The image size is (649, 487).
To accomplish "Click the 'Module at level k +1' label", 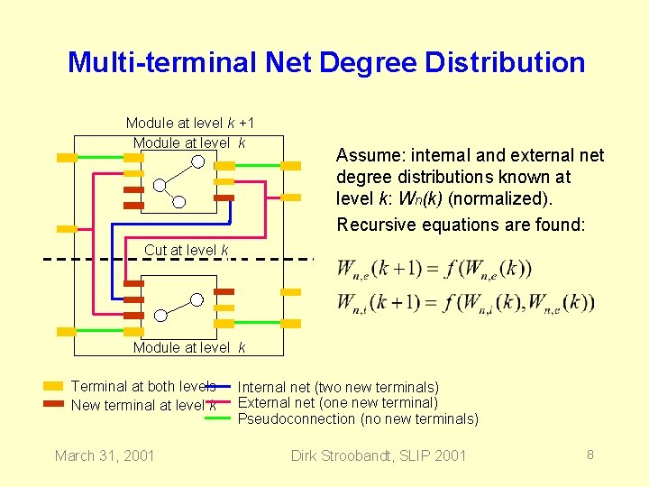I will (x=190, y=123).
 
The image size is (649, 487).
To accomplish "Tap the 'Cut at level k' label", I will (x=187, y=250).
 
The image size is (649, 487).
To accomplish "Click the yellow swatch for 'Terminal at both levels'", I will (x=53, y=386).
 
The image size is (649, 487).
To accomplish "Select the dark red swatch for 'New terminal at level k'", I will (x=53, y=404).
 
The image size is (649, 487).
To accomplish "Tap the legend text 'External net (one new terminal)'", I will (x=337, y=403).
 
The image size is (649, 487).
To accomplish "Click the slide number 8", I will (x=590, y=455).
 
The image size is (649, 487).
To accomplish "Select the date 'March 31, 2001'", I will (x=105, y=455).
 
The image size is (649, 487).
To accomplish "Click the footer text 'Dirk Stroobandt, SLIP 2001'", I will (x=379, y=455).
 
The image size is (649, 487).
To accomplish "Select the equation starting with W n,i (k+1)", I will (x=465, y=302).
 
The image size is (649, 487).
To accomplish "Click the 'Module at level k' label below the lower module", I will (x=190, y=347).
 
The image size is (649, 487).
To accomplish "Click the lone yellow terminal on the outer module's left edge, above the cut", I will (x=66, y=228).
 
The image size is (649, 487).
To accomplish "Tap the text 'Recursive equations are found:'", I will (x=461, y=225).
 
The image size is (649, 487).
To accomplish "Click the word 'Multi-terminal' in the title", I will (x=162, y=62).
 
